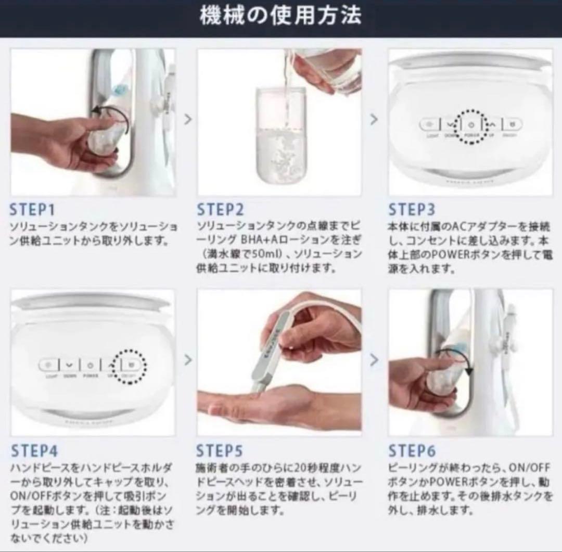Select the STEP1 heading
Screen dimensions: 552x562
(32, 210)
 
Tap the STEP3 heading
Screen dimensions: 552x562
(411, 210)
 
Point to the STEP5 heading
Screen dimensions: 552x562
(219, 450)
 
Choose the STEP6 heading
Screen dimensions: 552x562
(412, 450)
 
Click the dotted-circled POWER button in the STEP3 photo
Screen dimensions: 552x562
(470, 126)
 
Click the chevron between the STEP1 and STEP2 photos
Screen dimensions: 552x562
(188, 119)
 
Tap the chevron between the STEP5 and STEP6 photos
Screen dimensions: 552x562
(374, 359)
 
